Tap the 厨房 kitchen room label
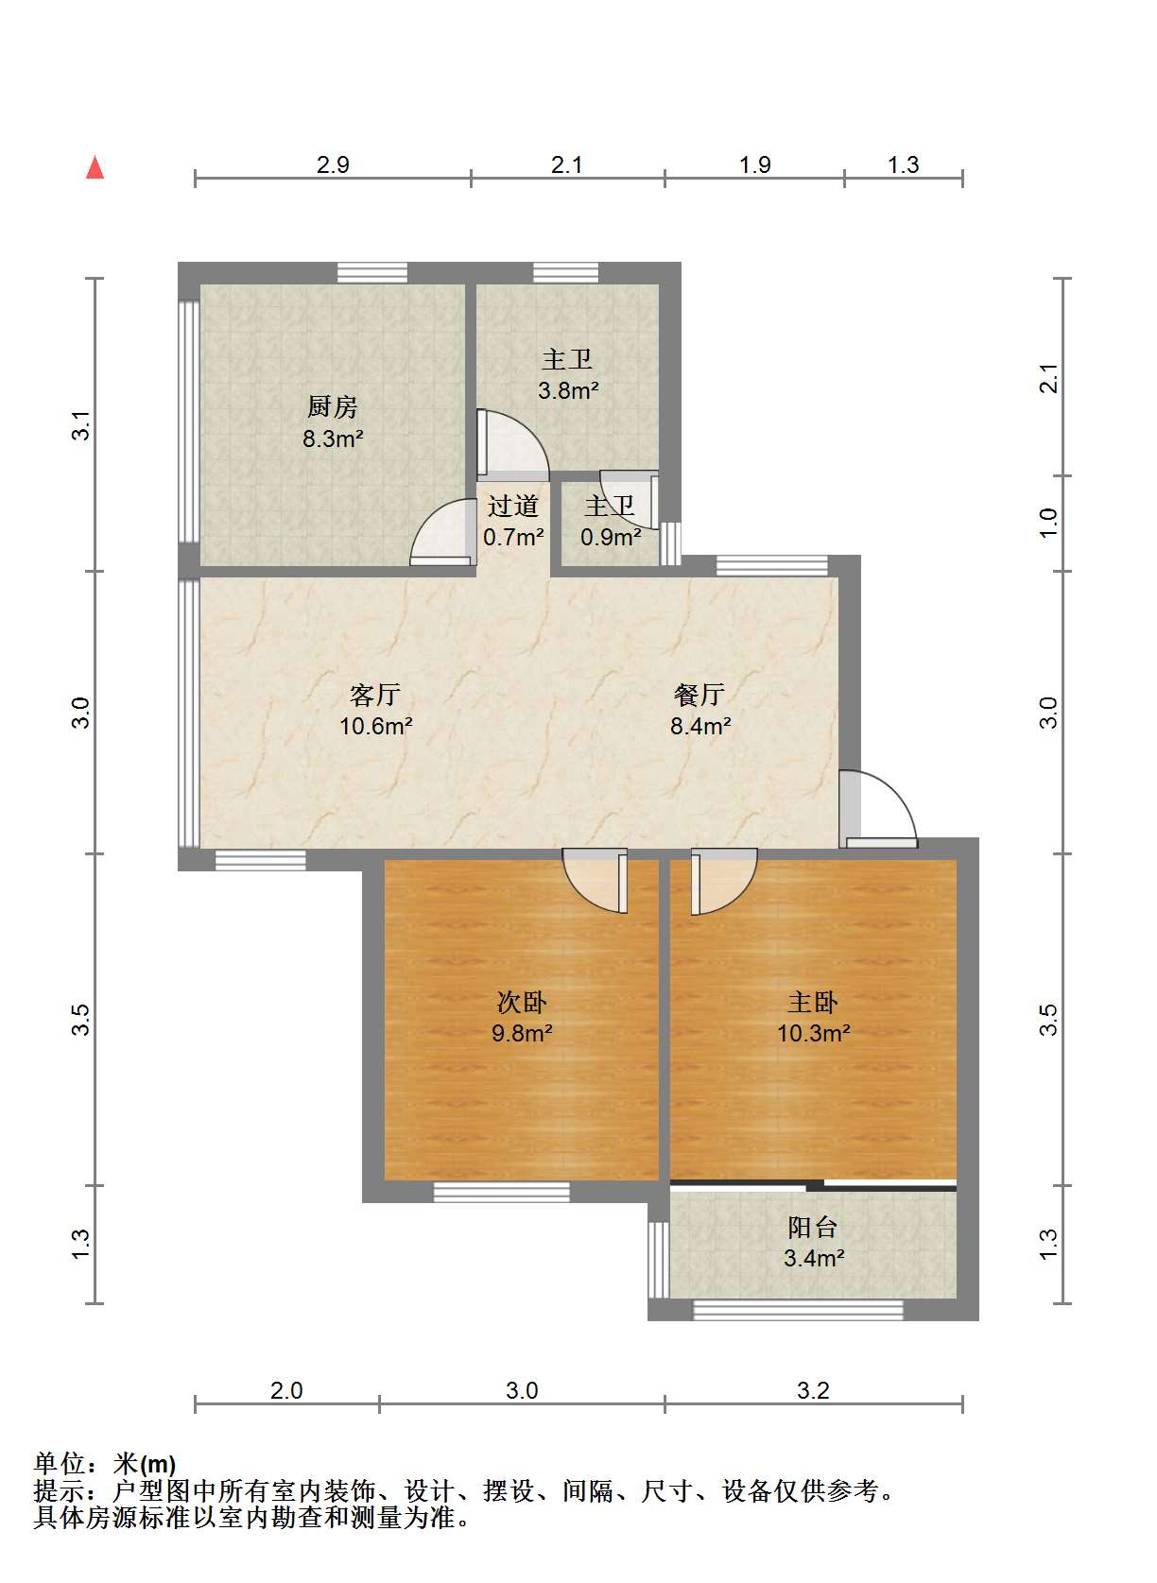pos(332,406)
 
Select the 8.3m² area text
pos(333,439)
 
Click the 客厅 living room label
pos(375,695)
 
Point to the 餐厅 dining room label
pos(699,695)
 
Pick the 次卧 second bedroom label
pos(522,1002)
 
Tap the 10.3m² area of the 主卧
pos(814,1034)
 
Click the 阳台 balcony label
pos(814,1228)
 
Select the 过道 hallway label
pos(513,506)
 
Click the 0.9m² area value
pos(611,537)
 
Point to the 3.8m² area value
pos(568,390)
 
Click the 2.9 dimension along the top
pos(333,164)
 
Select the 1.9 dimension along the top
pos(755,164)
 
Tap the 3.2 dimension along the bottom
pos(814,1391)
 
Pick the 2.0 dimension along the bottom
pos(286,1391)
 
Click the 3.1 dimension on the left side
pos(82,424)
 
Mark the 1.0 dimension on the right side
pos(1049,523)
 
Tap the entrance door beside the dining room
pos(878,808)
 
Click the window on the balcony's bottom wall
pos(798,1310)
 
